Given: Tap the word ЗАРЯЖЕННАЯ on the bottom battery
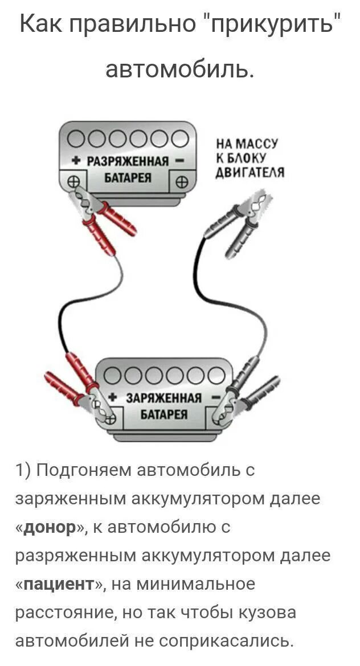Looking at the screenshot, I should pyautogui.click(x=163, y=397).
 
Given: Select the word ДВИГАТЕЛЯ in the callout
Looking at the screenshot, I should pyautogui.click(x=250, y=172).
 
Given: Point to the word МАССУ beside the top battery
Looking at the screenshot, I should pyautogui.click(x=259, y=145).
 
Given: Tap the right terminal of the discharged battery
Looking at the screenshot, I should pyautogui.click(x=181, y=183).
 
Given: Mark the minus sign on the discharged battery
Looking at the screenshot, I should pyautogui.click(x=179, y=161).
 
